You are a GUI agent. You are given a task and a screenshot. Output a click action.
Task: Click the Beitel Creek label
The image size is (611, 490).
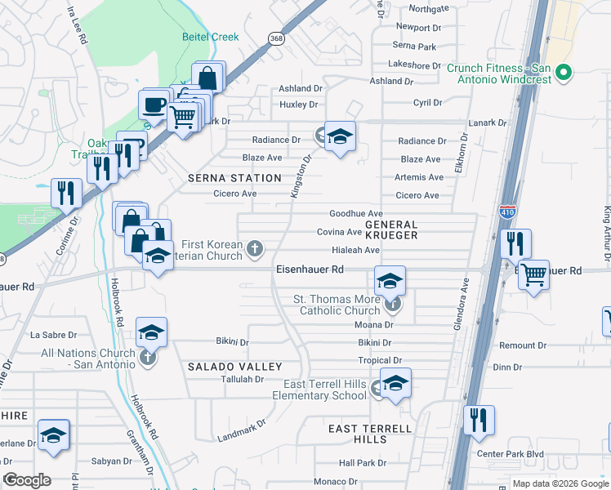point(211,38)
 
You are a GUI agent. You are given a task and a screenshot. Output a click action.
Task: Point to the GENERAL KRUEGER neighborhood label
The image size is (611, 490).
point(391,229)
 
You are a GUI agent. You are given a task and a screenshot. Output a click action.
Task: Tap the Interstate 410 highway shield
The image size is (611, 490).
point(506,211)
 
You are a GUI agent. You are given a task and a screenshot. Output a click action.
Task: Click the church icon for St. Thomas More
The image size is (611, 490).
point(394,305)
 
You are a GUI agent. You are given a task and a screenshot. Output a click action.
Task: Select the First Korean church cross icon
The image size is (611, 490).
point(256,247)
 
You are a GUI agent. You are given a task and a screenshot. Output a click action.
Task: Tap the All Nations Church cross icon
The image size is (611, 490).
point(147,358)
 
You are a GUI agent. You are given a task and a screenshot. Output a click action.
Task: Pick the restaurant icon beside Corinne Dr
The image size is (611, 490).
point(65,193)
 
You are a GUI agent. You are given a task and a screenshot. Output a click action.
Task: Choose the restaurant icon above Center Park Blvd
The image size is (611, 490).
point(479,420)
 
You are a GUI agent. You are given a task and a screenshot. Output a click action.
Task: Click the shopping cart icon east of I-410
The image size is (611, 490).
point(533,275)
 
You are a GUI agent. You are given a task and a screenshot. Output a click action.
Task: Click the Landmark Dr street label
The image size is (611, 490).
point(242,431)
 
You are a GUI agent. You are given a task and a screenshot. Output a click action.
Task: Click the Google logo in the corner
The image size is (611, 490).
point(27,480)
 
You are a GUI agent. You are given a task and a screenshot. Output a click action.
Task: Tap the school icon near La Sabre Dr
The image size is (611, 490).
point(151,332)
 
